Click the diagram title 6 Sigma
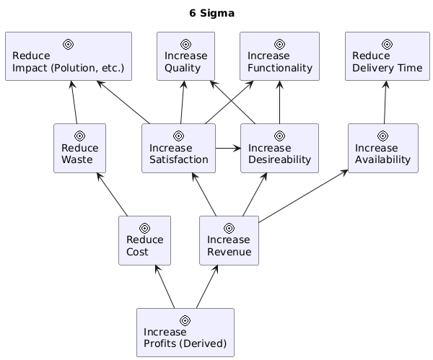[211, 13]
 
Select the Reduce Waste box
[79, 149]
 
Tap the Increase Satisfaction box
[178, 149]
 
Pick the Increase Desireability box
[279, 149]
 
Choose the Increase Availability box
[382, 149]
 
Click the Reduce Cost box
[144, 240]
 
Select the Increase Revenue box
[229, 240]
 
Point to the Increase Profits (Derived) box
[185, 332]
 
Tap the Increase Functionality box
[279, 56]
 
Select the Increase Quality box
[185, 56]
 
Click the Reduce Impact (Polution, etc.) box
[68, 56]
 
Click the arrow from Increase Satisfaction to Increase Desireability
[228, 149]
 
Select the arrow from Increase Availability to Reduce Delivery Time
[385, 102]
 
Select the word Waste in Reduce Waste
[76, 159]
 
